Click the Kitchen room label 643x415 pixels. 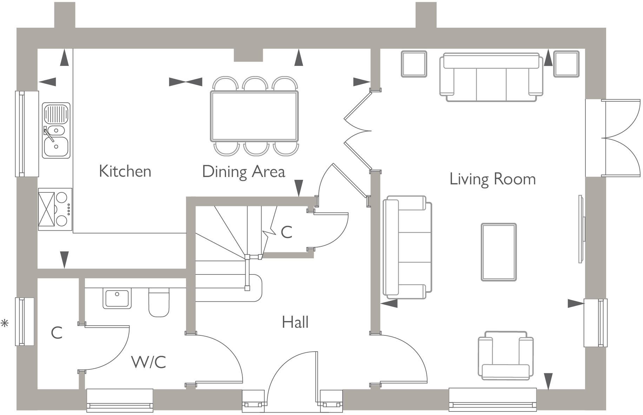[125, 171]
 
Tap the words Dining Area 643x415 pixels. [244, 172]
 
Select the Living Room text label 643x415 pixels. [492, 179]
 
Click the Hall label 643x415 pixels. [295, 322]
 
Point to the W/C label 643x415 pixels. [149, 362]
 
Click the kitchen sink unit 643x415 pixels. [56, 130]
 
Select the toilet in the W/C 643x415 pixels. [159, 302]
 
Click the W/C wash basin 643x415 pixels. [117, 298]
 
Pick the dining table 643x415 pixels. [254, 116]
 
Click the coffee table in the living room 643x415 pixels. [498, 252]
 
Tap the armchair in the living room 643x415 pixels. [506, 355]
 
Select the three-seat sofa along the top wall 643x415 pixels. [491, 77]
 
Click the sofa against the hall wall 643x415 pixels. [407, 247]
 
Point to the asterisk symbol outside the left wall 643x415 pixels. [5, 323]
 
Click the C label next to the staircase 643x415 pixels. [286, 232]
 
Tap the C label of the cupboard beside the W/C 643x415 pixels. [57, 333]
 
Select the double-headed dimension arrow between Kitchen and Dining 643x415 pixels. [186, 82]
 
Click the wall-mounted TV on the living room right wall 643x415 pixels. [581, 229]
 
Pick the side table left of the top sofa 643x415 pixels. [414, 64]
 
